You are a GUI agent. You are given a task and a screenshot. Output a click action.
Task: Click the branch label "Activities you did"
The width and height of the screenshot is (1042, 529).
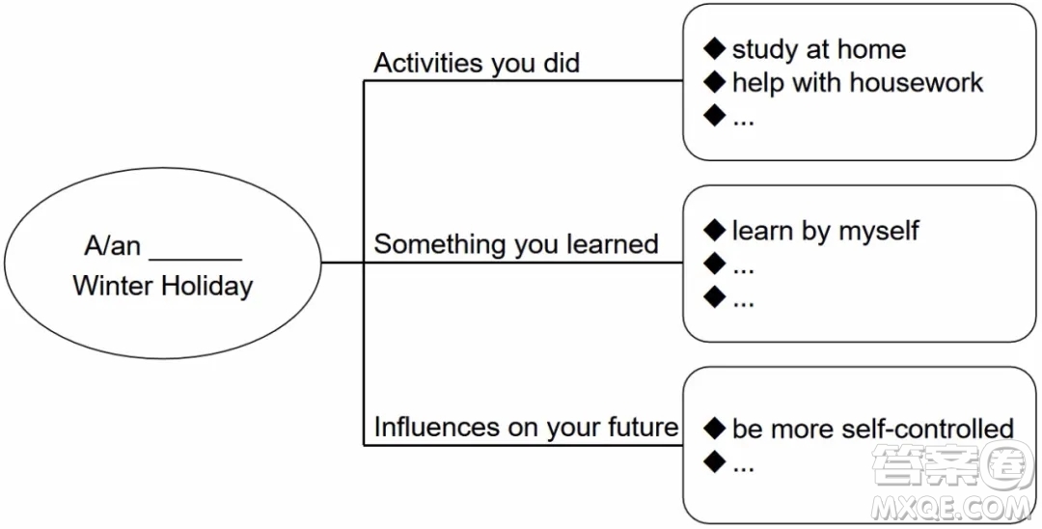tap(477, 63)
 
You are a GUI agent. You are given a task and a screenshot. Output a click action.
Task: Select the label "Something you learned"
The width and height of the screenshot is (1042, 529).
tap(515, 244)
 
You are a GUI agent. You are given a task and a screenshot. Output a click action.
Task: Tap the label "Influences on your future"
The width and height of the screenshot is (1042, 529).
tap(526, 427)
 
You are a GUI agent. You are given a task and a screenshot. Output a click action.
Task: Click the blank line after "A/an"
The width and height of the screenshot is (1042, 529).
tap(195, 259)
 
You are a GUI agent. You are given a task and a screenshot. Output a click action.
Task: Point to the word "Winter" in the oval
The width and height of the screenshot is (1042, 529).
tap(114, 287)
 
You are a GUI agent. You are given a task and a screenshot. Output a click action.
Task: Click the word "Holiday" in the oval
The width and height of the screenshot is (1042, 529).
tap(207, 287)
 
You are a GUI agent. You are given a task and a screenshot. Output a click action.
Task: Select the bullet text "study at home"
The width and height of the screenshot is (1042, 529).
tap(819, 49)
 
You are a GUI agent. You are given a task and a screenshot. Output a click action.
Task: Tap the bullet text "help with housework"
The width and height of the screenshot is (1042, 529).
tap(858, 82)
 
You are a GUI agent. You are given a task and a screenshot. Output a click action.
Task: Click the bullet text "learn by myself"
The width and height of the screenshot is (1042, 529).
tap(825, 232)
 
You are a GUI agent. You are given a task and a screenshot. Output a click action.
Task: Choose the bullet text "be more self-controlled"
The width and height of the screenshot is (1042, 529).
tap(872, 429)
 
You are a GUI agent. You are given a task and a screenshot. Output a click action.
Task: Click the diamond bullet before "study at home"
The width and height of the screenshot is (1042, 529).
tap(714, 48)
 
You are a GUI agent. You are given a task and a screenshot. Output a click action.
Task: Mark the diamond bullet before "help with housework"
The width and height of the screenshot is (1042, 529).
tap(714, 82)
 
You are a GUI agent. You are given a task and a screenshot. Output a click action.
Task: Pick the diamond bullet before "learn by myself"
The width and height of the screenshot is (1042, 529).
tap(714, 230)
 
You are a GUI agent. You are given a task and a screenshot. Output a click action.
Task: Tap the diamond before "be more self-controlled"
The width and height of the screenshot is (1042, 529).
tap(714, 428)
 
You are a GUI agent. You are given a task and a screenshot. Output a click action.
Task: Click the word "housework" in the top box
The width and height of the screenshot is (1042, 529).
tap(917, 82)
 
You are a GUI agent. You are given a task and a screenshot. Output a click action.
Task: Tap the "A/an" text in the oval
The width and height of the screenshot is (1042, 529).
tap(112, 246)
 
